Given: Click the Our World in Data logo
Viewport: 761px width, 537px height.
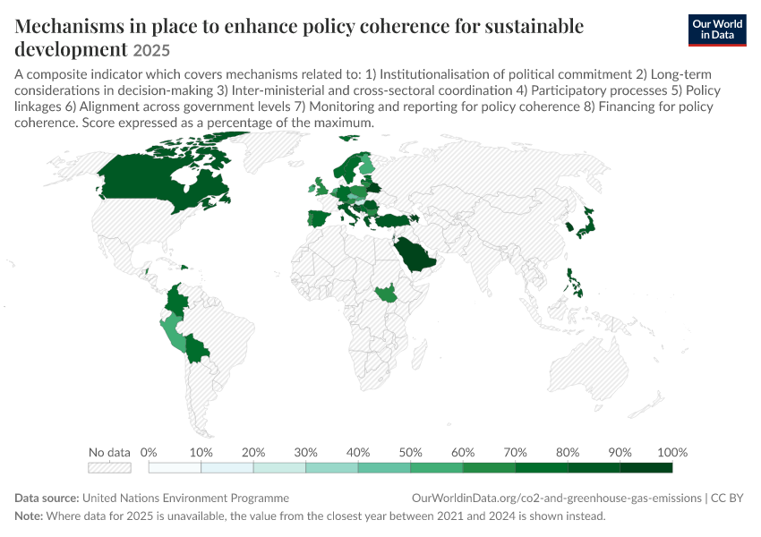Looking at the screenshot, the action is pyautogui.click(x=717, y=30).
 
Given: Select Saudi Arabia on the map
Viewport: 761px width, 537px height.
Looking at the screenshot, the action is pyautogui.click(x=414, y=253).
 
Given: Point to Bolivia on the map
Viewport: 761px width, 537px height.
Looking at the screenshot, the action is pyautogui.click(x=196, y=348).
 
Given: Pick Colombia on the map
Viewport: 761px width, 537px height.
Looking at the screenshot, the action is pyautogui.click(x=175, y=300).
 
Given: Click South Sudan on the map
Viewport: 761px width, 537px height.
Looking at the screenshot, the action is pyautogui.click(x=384, y=293).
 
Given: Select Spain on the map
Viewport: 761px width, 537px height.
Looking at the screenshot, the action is pyautogui.click(x=318, y=218).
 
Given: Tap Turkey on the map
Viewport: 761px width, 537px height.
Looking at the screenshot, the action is pyautogui.click(x=396, y=220).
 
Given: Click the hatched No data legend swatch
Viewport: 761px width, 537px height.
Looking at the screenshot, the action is pyautogui.click(x=110, y=467).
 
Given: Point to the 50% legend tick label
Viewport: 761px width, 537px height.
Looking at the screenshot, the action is pyautogui.click(x=410, y=453).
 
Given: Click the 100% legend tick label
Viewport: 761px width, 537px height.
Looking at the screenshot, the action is pyautogui.click(x=672, y=453).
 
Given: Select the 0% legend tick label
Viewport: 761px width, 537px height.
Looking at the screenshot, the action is pyautogui.click(x=149, y=453).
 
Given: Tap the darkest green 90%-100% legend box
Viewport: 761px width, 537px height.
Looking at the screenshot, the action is pyautogui.click(x=646, y=467).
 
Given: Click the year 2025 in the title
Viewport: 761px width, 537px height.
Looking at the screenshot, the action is pyautogui.click(x=151, y=50).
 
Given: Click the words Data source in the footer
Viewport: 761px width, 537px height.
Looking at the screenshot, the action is pyautogui.click(x=47, y=499).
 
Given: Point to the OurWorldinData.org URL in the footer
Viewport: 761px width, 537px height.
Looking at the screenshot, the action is pyautogui.click(x=557, y=499).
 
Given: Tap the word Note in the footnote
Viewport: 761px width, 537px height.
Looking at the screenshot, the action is pyautogui.click(x=29, y=516).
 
